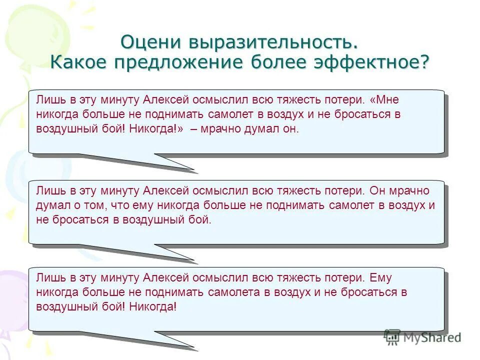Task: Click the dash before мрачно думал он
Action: click(x=193, y=129)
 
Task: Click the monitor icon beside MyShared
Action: click(x=392, y=337)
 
